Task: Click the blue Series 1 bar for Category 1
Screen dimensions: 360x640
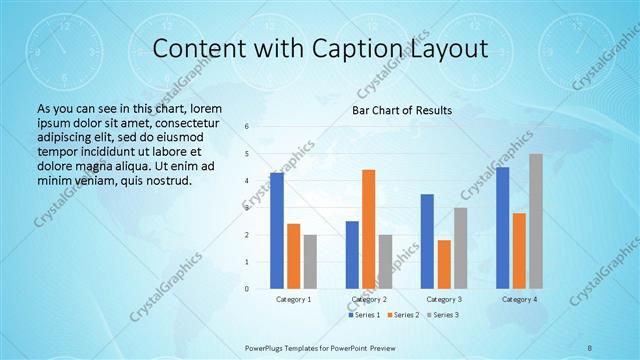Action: point(277,231)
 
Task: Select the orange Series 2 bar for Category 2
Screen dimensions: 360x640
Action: point(368,229)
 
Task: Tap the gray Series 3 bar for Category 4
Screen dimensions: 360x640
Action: point(536,221)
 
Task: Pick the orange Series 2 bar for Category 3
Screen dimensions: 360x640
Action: point(444,264)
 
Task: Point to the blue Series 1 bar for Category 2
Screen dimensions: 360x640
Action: point(352,255)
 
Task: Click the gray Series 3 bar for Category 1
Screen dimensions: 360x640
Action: point(310,262)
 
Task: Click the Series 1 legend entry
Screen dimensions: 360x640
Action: point(364,315)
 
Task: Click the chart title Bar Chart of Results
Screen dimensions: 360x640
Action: point(401,110)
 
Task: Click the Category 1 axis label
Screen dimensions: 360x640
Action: point(294,299)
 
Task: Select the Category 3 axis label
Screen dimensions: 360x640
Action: point(444,299)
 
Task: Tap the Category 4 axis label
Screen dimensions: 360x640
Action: point(519,299)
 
